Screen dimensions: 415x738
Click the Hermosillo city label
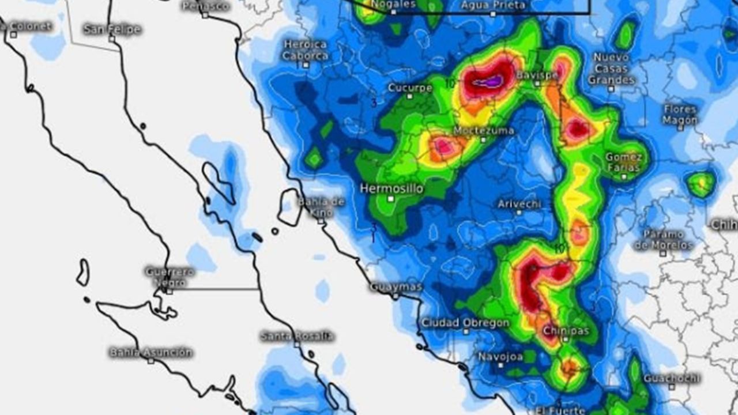click(391, 188)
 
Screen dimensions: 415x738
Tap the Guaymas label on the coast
click(396, 286)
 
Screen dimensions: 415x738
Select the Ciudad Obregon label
click(465, 323)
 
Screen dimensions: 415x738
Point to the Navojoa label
click(500, 357)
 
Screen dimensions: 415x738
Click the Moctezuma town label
click(483, 131)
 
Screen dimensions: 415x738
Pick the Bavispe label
click(537, 76)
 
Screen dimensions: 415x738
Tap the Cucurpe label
click(410, 88)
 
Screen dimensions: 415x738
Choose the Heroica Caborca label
click(306, 50)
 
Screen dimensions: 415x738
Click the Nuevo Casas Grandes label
click(611, 68)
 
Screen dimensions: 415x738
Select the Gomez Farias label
click(624, 162)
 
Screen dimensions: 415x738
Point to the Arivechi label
click(519, 204)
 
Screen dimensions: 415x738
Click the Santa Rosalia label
click(297, 335)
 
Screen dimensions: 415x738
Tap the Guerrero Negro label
click(170, 276)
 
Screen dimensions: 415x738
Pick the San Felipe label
click(112, 29)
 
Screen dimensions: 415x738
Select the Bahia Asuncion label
click(150, 352)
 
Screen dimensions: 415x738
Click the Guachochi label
click(672, 379)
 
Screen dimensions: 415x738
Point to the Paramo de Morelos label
click(663, 240)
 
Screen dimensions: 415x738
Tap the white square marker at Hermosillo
click(390, 199)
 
